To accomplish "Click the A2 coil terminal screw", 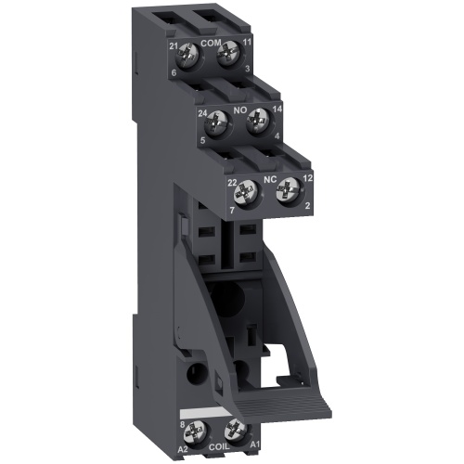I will tap(198, 429).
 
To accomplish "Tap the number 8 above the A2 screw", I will tap(184, 423).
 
